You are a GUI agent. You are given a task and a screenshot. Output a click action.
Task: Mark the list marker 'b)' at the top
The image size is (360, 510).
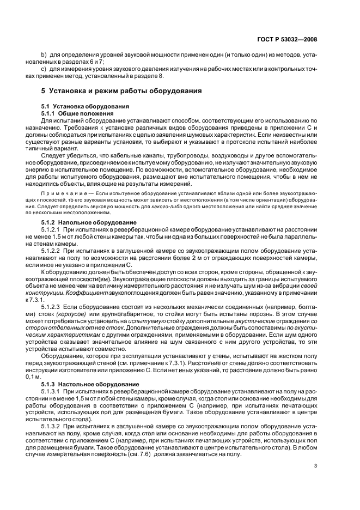click(45, 56)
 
